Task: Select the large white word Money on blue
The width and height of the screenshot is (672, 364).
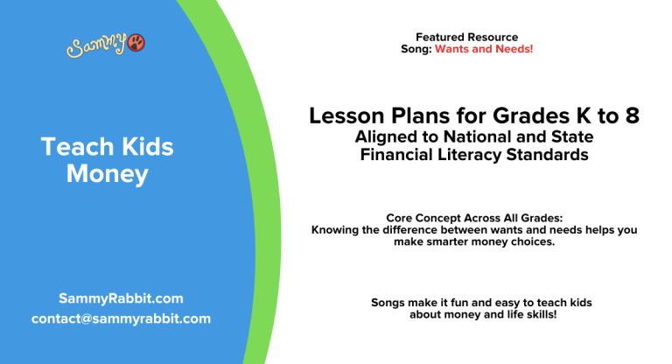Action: (x=107, y=174)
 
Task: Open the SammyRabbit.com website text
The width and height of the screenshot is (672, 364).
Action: (x=121, y=298)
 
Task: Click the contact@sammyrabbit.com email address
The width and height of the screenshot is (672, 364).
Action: (x=121, y=318)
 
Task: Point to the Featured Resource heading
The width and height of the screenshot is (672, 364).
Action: (x=466, y=37)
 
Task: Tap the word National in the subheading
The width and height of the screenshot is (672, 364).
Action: (x=474, y=137)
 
